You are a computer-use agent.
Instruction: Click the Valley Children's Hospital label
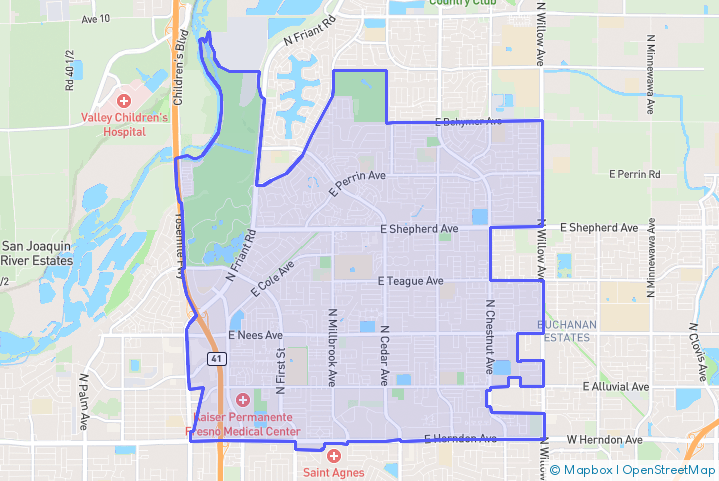pos(124,124)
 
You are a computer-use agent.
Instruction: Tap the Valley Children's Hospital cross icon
pos(124,100)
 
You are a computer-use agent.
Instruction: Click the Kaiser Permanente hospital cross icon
pos(243,400)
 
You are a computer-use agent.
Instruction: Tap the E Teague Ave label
pos(411,281)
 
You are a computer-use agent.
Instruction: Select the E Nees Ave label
pos(256,335)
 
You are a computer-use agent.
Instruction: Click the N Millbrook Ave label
pos(331,345)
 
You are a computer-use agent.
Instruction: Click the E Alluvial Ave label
pos(616,386)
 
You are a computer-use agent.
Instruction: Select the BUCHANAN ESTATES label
pos(567,331)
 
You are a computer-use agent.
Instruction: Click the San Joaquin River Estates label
pos(37,253)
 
